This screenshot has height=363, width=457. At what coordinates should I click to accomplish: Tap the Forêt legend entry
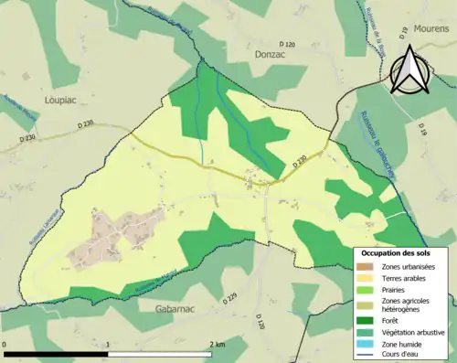391,319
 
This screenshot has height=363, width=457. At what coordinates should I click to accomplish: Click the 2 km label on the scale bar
217,344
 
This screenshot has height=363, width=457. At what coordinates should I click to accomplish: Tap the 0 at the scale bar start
5,344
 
